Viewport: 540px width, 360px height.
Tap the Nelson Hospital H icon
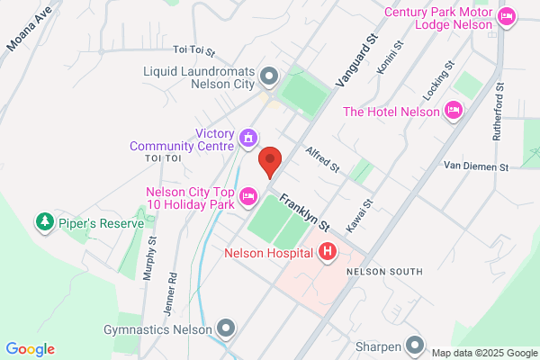[x=328, y=253]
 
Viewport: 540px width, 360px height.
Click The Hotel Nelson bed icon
[x=454, y=111]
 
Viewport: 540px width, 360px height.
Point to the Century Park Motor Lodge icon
[x=507, y=15]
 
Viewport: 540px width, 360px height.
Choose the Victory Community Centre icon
[x=247, y=139]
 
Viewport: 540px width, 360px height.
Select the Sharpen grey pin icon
[x=414, y=344]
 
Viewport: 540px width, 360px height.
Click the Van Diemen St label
[x=477, y=166]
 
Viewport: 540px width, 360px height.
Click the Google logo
[x=30, y=349]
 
